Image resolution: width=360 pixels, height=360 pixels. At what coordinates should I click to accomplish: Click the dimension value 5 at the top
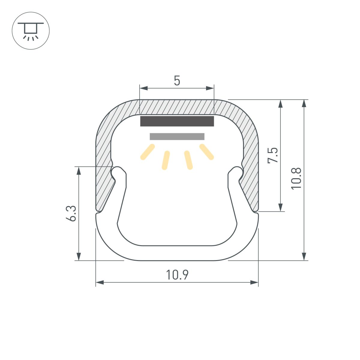[x=177, y=81]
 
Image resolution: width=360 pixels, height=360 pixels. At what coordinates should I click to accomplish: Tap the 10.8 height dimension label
[x=296, y=178]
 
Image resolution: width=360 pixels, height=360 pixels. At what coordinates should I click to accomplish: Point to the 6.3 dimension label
[x=71, y=213]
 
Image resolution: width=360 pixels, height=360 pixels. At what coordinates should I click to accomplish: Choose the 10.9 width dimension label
[x=177, y=274]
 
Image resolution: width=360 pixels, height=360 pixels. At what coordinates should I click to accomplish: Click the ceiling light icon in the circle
[x=31, y=31]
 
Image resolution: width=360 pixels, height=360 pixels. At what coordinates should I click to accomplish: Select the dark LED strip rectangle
[x=177, y=121]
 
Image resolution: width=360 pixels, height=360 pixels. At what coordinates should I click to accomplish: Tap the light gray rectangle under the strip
[x=177, y=136]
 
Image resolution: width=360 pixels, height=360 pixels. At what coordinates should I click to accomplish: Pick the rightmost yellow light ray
[x=207, y=152]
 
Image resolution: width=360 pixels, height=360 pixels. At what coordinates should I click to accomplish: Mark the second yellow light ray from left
[x=166, y=160]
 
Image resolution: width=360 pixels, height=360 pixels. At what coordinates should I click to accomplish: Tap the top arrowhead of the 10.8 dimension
[x=304, y=103]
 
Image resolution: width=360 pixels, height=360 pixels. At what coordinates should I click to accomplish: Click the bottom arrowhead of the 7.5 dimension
[x=280, y=207]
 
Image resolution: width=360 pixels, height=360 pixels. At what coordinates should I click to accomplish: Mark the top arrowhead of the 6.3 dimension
[x=79, y=170]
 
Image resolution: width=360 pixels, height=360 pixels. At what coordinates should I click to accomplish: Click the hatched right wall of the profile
[x=251, y=156]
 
